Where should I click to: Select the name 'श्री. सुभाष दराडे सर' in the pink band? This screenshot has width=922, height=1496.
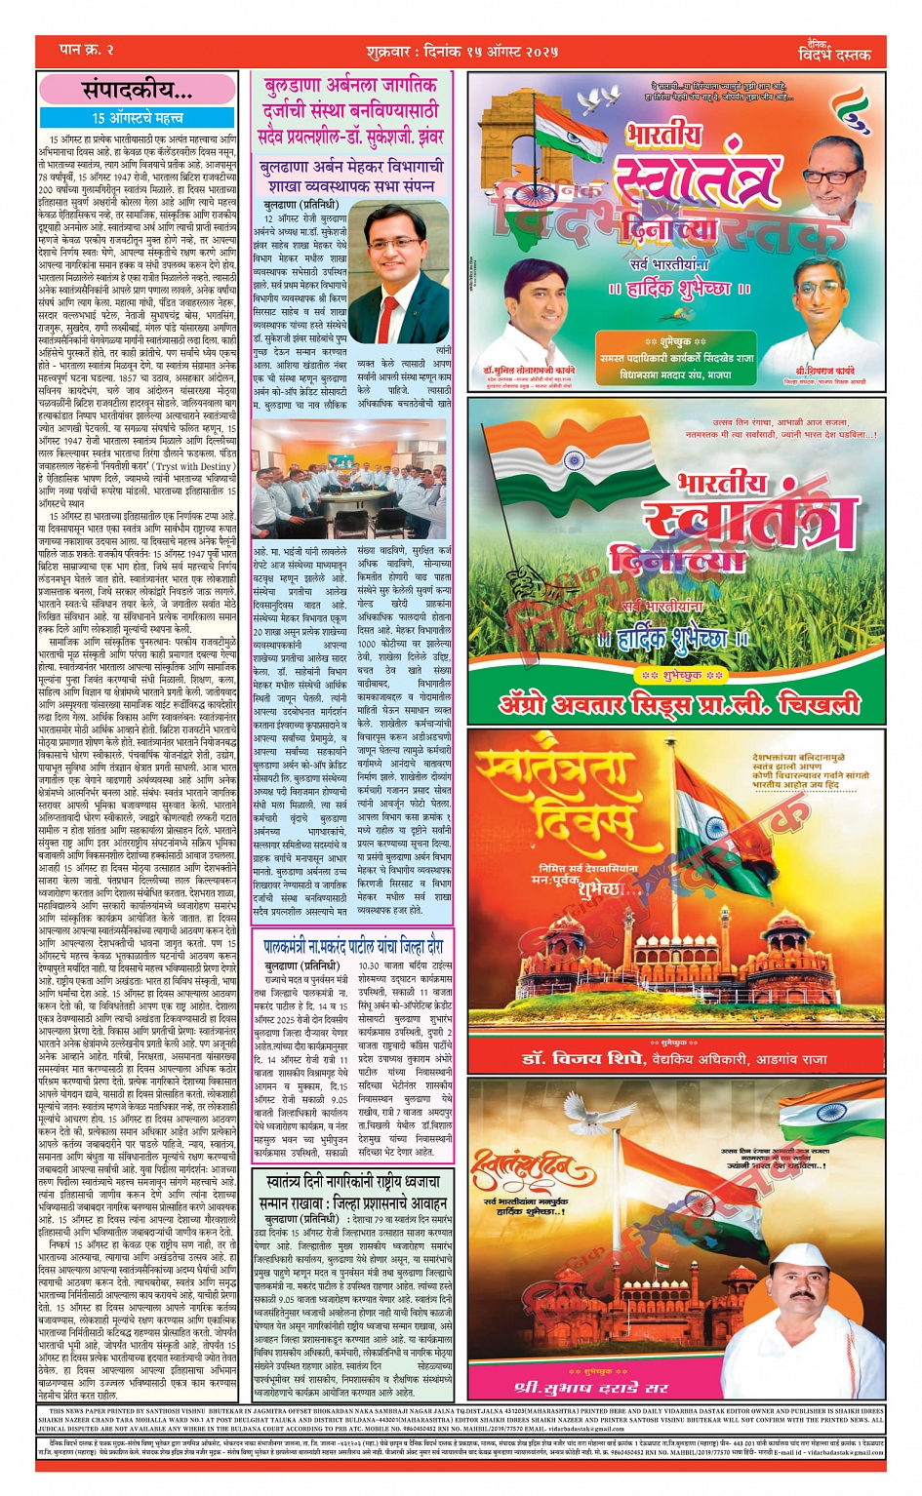591,1387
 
